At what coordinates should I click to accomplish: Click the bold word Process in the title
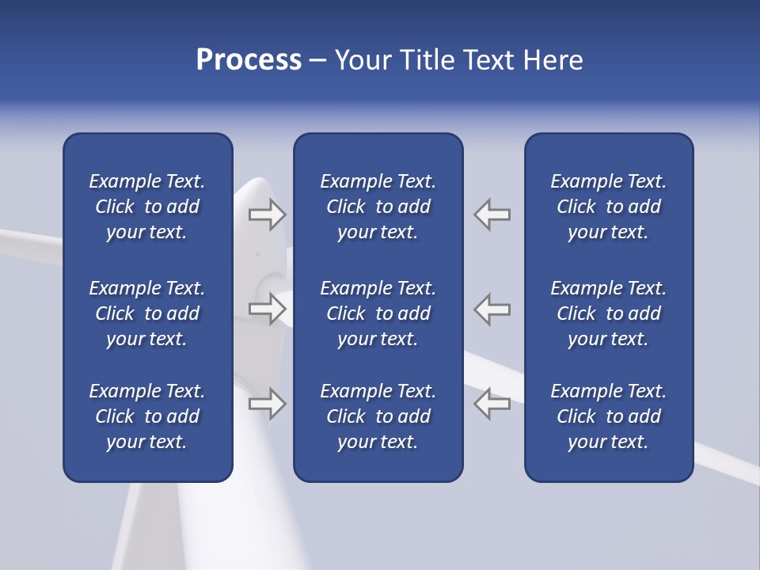[249, 60]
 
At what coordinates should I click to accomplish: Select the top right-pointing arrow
[268, 215]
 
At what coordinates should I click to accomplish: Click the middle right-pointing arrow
[268, 309]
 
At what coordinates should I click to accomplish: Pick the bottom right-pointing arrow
[268, 404]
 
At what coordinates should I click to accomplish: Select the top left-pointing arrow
[492, 215]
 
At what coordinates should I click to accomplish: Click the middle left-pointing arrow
[492, 309]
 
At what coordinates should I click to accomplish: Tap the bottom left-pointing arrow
[492, 404]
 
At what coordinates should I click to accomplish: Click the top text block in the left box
[147, 207]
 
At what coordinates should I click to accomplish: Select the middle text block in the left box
[147, 313]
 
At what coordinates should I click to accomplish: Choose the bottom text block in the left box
[147, 416]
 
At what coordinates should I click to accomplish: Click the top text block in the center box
[378, 207]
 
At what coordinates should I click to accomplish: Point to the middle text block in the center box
[378, 313]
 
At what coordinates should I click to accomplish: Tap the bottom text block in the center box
[378, 416]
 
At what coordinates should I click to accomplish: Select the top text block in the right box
[609, 207]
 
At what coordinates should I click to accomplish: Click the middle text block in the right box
[609, 313]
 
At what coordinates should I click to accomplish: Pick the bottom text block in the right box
[609, 416]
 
